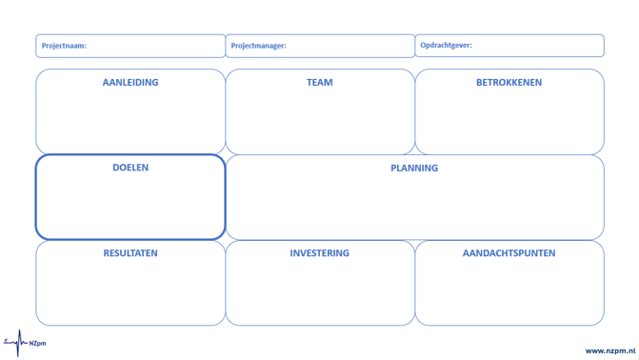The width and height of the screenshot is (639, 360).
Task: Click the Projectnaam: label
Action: (x=64, y=46)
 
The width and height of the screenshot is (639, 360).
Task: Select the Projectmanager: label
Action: (x=258, y=46)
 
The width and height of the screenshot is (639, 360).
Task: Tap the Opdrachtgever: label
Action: (x=446, y=46)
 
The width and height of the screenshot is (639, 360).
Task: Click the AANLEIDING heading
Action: (x=130, y=82)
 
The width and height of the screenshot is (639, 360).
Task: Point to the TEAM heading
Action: (x=320, y=82)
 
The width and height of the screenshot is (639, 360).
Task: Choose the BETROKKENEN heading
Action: (x=509, y=82)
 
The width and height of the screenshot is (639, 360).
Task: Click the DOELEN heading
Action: (x=130, y=168)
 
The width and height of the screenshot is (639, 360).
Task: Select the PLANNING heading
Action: (x=414, y=168)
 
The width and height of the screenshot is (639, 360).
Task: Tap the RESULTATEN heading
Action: (x=130, y=253)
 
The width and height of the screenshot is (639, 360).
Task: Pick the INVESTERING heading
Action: (x=320, y=253)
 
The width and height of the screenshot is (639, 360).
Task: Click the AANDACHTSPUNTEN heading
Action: (x=509, y=253)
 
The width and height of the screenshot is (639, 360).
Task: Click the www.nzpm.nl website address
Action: (x=610, y=351)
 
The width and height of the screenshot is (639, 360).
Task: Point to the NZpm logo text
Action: (x=37, y=343)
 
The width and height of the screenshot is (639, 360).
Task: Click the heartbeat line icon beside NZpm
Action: (x=15, y=343)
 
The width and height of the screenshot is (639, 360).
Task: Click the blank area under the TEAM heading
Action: (x=320, y=120)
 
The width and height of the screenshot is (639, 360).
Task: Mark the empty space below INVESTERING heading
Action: (x=320, y=290)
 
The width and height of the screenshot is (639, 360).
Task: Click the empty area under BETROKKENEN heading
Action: (x=509, y=120)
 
